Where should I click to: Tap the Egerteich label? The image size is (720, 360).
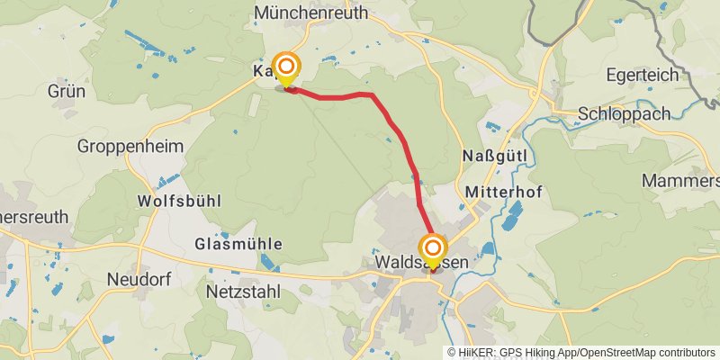642,75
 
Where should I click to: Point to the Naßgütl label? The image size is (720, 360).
499,157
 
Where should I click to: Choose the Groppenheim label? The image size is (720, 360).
130,146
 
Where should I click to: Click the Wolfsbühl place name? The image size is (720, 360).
179,201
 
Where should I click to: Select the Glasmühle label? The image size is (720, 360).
238,244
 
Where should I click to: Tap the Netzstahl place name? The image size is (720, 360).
242,292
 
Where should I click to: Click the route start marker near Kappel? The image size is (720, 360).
287,67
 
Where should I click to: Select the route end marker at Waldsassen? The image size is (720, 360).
433,248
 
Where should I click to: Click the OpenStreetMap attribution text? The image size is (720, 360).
629,353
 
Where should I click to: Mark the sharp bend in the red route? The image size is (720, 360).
371,94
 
